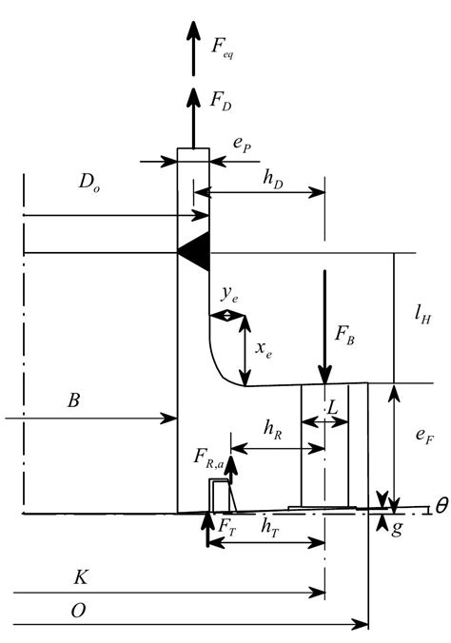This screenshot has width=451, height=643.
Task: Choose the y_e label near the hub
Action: click(x=228, y=298)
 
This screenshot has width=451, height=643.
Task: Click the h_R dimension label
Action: click(x=272, y=429)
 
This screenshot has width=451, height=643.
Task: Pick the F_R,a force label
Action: click(x=207, y=463)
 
